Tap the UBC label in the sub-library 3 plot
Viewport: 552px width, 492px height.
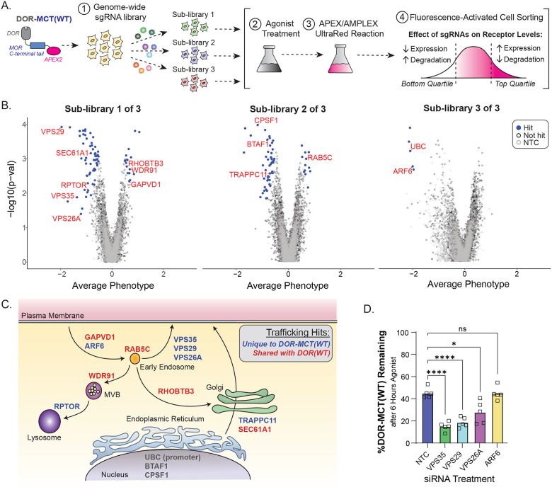tap(418, 147)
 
